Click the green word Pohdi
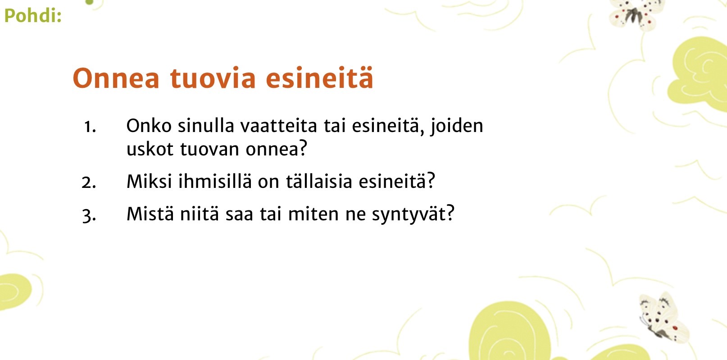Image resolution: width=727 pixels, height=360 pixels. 33,15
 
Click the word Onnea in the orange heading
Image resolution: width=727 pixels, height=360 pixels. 116,78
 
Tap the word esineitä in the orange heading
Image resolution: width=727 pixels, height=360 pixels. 319,78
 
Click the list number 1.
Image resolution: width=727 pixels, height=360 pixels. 90,127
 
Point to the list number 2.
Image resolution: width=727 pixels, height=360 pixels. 89,182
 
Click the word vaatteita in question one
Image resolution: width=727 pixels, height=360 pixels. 278,126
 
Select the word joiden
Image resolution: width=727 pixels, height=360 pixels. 457,127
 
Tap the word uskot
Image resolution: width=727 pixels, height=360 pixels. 150,149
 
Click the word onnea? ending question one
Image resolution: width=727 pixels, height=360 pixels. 276,149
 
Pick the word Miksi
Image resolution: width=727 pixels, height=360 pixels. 149,181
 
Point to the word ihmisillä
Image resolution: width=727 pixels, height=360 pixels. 215,181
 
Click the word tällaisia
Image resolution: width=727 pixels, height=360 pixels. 319,181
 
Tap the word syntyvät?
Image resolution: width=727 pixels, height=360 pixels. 413,215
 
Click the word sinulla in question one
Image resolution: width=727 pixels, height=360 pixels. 206,126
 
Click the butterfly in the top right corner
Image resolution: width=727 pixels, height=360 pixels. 633,14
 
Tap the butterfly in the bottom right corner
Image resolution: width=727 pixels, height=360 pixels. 663,318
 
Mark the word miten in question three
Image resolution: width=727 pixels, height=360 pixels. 313,214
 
